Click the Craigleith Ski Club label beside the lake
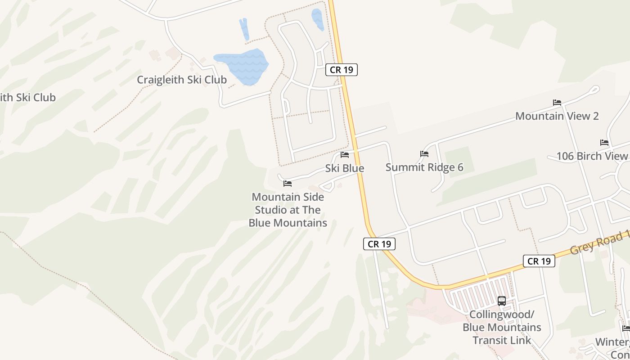[x=181, y=80]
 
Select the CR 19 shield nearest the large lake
[x=341, y=70]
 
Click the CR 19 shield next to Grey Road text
[x=539, y=261]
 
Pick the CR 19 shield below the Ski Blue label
[x=379, y=244]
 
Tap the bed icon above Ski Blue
[x=345, y=155]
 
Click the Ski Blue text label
[x=345, y=168]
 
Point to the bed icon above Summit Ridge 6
[x=424, y=154]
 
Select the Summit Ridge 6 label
[x=424, y=167]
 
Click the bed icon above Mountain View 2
[x=557, y=103]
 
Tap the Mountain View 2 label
[x=557, y=116]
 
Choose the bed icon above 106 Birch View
[x=604, y=143]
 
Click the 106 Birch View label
[x=592, y=156]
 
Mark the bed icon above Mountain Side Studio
[x=288, y=184]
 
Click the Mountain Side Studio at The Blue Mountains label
[x=288, y=210]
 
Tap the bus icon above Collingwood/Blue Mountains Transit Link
[x=502, y=301]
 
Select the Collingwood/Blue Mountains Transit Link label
[x=502, y=327]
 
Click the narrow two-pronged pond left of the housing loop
[x=244, y=29]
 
